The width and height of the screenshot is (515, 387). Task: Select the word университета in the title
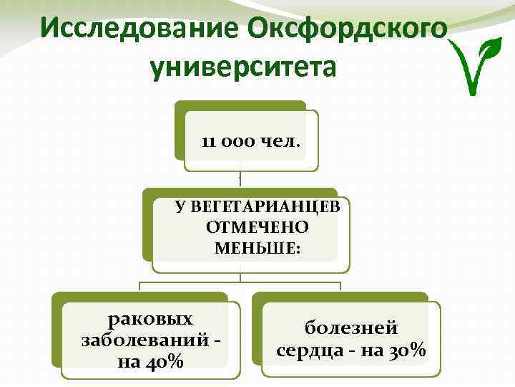pyautogui.click(x=243, y=67)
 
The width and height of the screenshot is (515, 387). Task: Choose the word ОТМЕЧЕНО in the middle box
pyautogui.click(x=257, y=228)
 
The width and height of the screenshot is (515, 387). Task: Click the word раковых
pyautogui.click(x=149, y=318)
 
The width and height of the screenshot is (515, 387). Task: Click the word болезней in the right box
pyautogui.click(x=351, y=329)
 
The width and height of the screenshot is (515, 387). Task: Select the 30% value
pyautogui.click(x=405, y=350)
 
